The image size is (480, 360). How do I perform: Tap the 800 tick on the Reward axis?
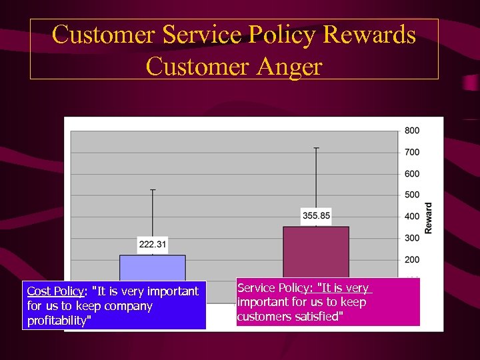pos(411,131)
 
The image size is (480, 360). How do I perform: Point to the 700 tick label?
pos(411,152)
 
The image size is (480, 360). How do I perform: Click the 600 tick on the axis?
pos(411,174)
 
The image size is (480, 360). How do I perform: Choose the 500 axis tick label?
pos(411,195)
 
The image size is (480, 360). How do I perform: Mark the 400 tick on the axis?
pos(411,217)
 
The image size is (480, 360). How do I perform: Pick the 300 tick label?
pos(411,238)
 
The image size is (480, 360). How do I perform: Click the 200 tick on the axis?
pos(411,259)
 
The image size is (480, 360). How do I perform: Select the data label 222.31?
pos(153,245)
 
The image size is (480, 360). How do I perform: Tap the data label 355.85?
pos(316,215)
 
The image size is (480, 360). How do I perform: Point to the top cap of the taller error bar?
pos(316,147)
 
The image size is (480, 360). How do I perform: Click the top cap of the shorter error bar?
pos(153,190)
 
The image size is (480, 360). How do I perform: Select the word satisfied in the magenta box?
pos(319,317)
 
